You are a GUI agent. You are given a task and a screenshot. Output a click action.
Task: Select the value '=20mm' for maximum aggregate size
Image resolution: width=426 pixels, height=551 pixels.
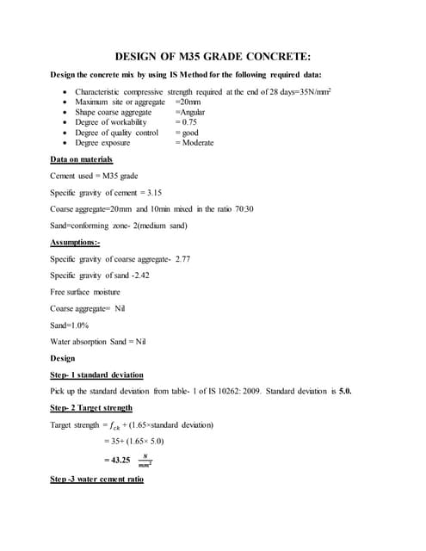coord(188,102)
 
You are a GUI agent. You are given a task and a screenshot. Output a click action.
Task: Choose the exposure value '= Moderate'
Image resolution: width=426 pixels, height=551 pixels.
coord(194,143)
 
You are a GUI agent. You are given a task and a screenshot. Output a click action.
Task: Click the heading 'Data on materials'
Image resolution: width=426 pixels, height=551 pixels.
coord(82,159)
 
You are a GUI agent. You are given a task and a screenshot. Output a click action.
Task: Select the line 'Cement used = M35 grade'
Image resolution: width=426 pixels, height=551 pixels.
coord(94,176)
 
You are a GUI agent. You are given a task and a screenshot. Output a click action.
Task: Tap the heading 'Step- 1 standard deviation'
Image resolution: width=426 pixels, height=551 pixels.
coord(97,375)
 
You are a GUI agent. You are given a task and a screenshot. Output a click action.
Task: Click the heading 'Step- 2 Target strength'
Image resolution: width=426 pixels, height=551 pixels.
coord(92,407)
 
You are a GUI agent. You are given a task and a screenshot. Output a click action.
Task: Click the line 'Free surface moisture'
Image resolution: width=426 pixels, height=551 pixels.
coord(85,292)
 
